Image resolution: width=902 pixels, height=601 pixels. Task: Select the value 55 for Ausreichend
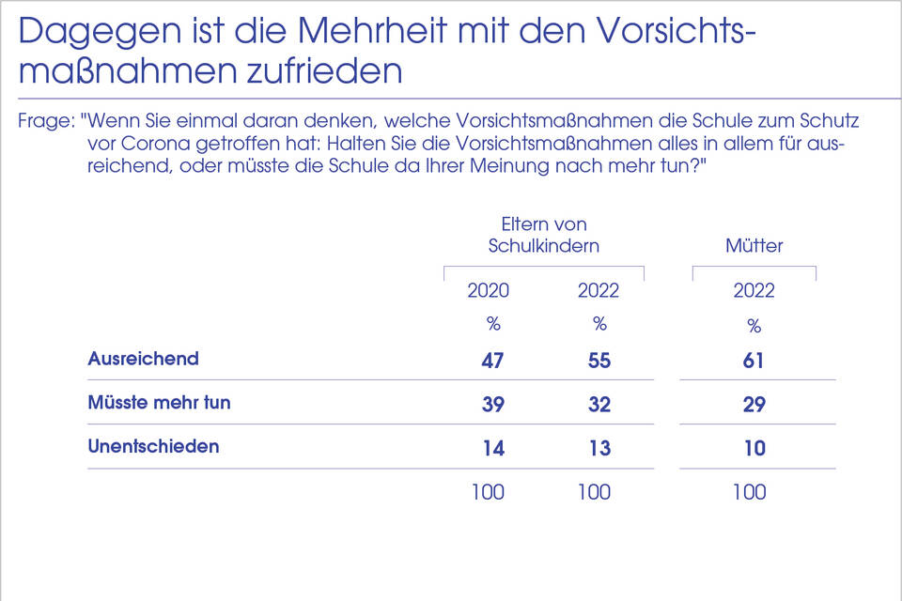coord(599,361)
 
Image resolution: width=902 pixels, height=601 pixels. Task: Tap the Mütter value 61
coord(754,361)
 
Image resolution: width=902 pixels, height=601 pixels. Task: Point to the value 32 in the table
coord(599,405)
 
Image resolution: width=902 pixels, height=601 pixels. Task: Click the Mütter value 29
coord(754,405)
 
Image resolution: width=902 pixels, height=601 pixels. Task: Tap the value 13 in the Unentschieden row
coord(599,448)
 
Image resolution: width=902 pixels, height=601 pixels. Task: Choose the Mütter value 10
coord(754,448)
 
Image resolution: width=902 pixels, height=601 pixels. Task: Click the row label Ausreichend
coord(143,359)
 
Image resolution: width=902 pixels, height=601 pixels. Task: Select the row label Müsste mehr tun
coord(159,403)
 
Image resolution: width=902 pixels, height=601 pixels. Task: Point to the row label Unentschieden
coord(153,446)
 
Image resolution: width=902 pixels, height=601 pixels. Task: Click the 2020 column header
coord(489,290)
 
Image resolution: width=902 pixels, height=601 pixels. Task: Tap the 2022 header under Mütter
coord(754,290)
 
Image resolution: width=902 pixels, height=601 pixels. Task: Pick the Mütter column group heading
coord(754,246)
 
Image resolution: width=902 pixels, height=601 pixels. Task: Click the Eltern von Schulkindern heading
coord(544,236)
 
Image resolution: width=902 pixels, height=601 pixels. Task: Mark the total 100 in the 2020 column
coord(488,492)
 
